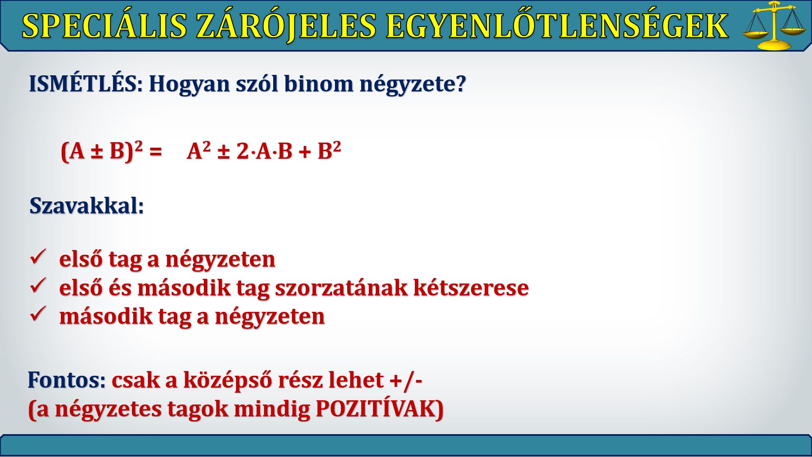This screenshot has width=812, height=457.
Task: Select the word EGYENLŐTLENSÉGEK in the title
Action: [557, 26]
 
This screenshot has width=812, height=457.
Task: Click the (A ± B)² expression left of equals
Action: [102, 151]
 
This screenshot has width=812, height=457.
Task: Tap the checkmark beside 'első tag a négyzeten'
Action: [38, 257]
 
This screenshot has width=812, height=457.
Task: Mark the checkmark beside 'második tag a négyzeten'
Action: [38, 314]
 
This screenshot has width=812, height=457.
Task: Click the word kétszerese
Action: [471, 287]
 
